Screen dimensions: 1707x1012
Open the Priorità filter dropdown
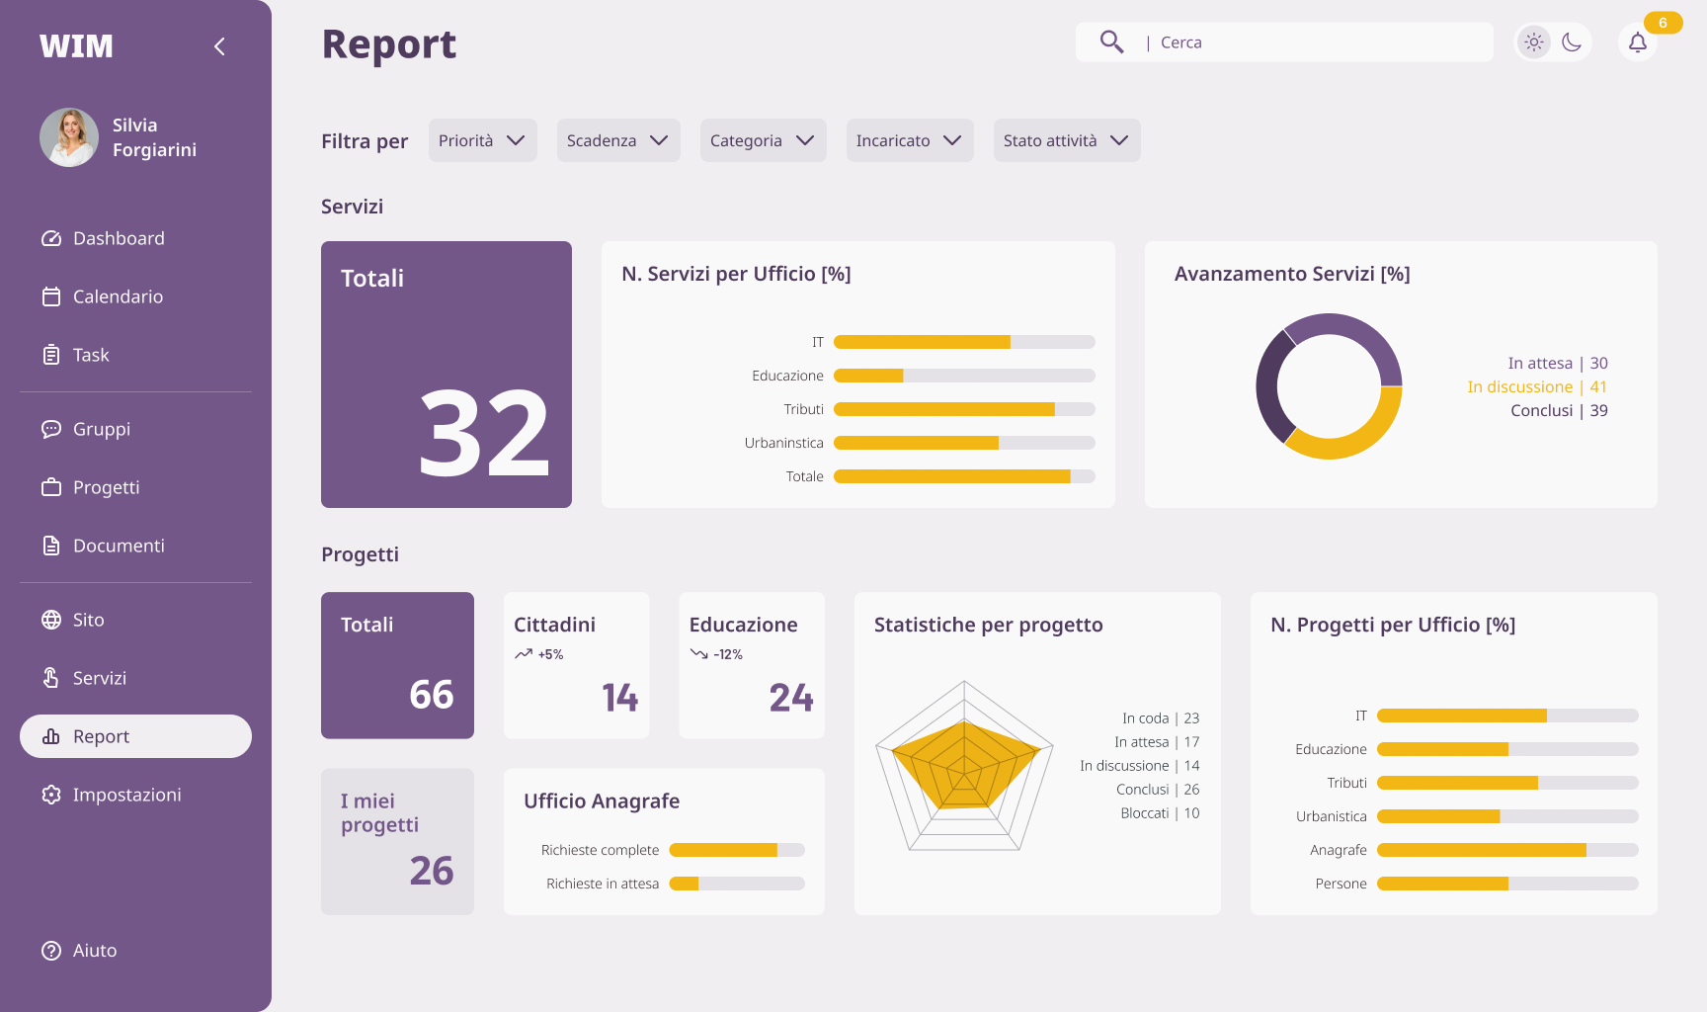[482, 140]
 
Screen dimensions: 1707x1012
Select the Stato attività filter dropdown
[1067, 140]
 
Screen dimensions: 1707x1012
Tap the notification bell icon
[1638, 42]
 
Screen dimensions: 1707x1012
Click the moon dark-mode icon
[1572, 42]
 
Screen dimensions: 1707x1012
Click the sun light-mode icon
[1534, 42]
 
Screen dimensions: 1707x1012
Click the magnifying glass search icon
[1111, 42]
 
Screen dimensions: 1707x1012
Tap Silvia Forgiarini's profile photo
[69, 137]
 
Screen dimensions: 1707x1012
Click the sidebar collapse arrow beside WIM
[219, 46]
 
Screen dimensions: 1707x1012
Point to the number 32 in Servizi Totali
[484, 432]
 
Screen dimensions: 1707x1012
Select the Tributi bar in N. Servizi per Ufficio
[964, 409]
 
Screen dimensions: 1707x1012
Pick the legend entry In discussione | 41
[1537, 386]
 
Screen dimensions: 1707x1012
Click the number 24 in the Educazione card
[791, 698]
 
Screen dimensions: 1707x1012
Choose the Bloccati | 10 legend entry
[1160, 813]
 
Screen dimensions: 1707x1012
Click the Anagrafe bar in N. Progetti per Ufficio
[1507, 850]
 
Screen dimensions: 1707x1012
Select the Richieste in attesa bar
[737, 884]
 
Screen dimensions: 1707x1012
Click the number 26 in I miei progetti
[432, 871]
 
